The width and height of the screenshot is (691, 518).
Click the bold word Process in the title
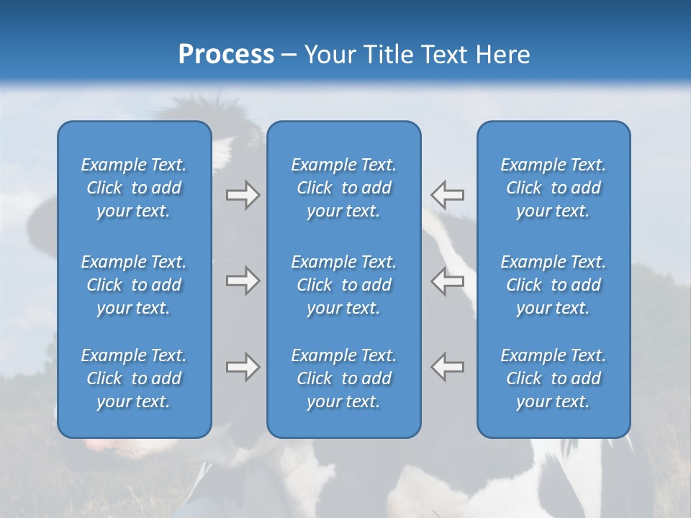coord(226,55)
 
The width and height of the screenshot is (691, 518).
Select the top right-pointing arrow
coord(243,195)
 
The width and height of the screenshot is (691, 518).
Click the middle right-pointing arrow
coord(243,281)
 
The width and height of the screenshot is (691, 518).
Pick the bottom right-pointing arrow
coord(243,367)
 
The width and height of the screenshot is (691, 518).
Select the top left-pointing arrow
coord(447,195)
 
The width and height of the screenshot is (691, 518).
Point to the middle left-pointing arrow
coord(447,281)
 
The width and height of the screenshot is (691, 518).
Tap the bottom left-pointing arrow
coord(447,367)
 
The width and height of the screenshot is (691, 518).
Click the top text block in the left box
coord(134,188)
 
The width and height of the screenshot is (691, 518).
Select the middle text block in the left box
coord(134,285)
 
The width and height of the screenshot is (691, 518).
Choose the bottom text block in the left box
coord(134,378)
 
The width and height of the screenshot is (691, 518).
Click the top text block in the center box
coord(344,188)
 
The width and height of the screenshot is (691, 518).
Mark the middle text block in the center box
coord(344,285)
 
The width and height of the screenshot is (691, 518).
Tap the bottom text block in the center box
coord(344,378)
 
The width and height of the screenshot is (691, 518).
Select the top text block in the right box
coord(554,188)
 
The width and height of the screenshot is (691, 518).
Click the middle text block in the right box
coord(554,285)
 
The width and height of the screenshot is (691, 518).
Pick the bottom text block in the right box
coord(554,378)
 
